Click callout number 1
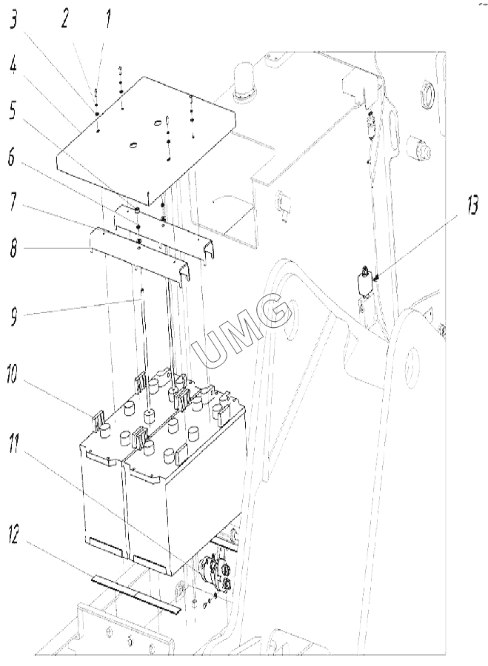[x=109, y=19]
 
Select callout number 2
[x=64, y=18]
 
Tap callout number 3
[x=13, y=18]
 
